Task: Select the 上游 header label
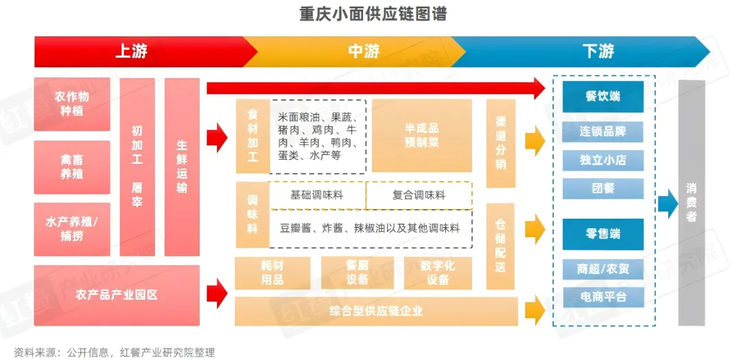click(131, 51)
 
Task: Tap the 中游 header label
click(364, 51)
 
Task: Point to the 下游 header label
click(598, 51)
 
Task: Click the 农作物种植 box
click(72, 104)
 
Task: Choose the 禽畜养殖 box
click(72, 167)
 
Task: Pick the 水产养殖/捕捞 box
click(72, 229)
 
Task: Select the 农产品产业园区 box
click(117, 295)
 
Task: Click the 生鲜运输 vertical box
click(182, 167)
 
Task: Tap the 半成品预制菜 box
click(422, 135)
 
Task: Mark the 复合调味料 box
click(419, 195)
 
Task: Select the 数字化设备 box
click(438, 273)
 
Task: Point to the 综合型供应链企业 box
click(376, 311)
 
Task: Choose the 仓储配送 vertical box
click(500, 246)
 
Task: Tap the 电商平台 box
click(603, 297)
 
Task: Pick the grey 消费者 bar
click(692, 202)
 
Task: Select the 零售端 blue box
click(603, 235)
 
